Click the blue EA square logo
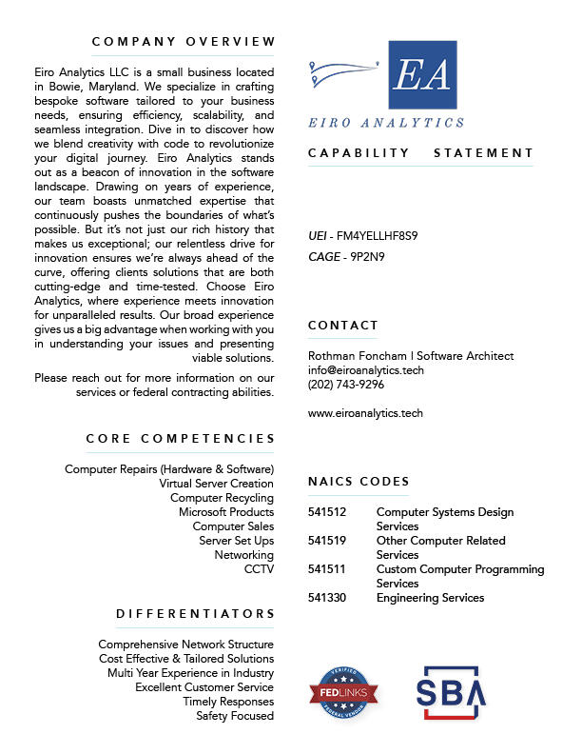[423, 75]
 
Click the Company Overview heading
[184, 42]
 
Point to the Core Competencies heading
[180, 439]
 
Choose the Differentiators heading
[195, 614]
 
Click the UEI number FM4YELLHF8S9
[378, 235]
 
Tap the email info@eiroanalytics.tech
[366, 370]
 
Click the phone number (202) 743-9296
[346, 385]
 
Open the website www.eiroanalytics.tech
[365, 413]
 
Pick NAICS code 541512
[327, 512]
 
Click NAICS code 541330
[327, 598]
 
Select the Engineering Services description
[430, 598]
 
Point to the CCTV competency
[259, 569]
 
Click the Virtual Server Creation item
[216, 484]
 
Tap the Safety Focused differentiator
[235, 716]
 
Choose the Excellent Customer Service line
[204, 687]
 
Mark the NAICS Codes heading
[359, 482]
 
